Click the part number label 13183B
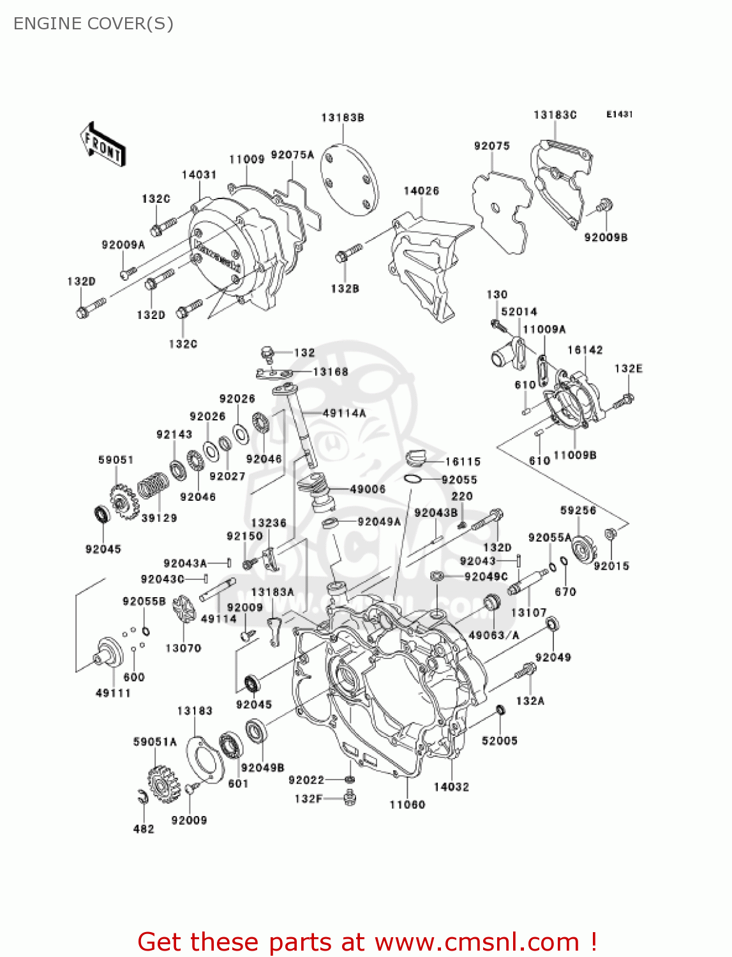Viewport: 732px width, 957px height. click(343, 117)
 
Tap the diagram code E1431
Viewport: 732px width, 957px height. click(619, 114)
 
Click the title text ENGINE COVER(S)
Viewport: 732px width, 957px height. click(93, 24)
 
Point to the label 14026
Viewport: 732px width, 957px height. click(421, 191)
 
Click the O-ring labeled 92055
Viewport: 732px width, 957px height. click(413, 479)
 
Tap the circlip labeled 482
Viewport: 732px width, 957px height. click(142, 797)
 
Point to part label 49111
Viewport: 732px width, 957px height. click(113, 693)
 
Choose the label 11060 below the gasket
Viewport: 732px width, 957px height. click(407, 805)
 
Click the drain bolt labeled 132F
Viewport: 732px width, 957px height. click(349, 797)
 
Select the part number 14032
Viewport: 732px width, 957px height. click(451, 787)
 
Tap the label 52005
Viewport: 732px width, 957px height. click(499, 741)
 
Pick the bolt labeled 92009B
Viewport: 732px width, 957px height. click(604, 207)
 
